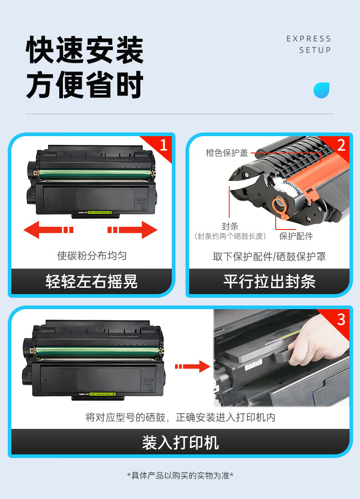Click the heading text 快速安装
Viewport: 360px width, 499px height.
(85, 50)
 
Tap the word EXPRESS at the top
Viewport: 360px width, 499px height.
(309, 39)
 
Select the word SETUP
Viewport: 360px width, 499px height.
(315, 50)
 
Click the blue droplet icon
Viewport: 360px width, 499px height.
(321, 90)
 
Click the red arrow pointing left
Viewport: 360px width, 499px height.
(48, 230)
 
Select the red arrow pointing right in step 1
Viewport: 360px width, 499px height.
(132, 230)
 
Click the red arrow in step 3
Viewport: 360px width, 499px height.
(192, 367)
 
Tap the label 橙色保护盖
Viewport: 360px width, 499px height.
(227, 153)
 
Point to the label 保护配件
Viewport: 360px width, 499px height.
(296, 236)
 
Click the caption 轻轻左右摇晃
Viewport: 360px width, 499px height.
(92, 282)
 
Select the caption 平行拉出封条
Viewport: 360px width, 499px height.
(269, 282)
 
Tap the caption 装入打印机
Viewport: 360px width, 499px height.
(180, 443)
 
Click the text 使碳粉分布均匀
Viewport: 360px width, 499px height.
(92, 255)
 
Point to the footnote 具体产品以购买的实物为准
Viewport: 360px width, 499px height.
(180, 475)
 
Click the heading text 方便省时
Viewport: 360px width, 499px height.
(85, 85)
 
